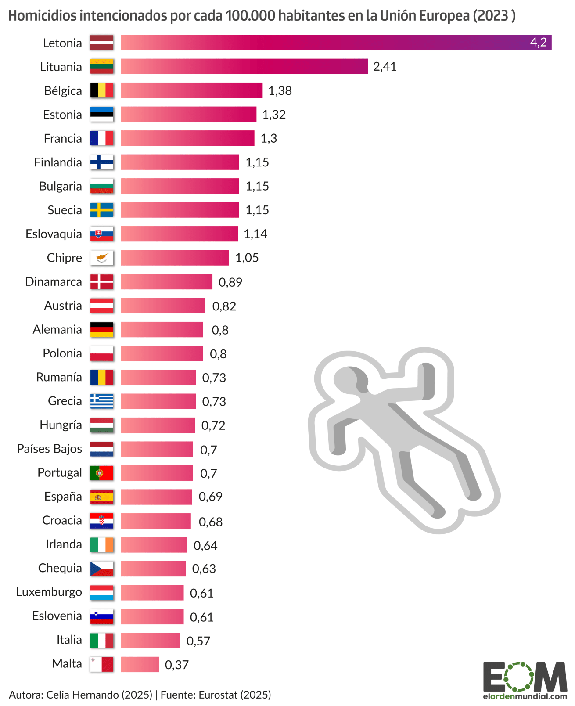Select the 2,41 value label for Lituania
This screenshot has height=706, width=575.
385,67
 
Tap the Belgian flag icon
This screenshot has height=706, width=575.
102,90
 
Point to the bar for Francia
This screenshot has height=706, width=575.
187,138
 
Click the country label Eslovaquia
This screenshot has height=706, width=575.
54,234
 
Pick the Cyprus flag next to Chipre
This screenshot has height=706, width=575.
102,258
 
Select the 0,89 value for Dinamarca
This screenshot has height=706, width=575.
230,282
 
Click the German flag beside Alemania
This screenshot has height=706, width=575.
102,329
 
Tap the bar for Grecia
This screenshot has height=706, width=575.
158,401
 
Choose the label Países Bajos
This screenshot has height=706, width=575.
50,449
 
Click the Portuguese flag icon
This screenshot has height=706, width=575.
102,473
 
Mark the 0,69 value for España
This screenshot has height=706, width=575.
210,497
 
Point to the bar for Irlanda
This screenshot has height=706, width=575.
154,545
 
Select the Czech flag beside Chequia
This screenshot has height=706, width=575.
102,569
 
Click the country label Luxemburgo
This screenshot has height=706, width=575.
49,592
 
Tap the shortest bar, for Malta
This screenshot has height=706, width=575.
140,664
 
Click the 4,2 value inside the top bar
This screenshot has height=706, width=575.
538,42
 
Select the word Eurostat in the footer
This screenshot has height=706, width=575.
217,695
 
